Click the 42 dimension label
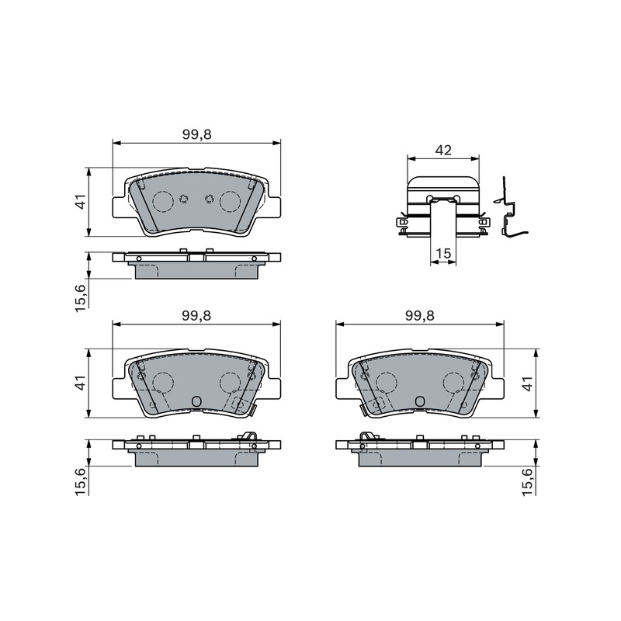pos(443,150)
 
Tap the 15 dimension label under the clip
pos(443,253)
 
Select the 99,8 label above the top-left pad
pos(197,134)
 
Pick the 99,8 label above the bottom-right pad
pos(420,316)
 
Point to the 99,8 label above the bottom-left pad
pos(197,316)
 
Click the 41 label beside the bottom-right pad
pos(529,383)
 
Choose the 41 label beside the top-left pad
pos(81,202)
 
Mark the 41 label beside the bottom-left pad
pos(81,383)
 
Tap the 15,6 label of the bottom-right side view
pos(529,481)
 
